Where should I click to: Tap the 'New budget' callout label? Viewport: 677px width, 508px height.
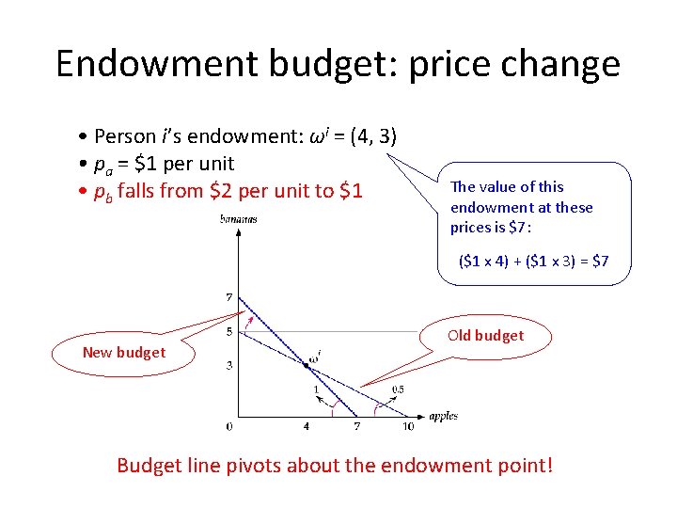[x=123, y=352]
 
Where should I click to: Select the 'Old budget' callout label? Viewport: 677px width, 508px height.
[x=486, y=335]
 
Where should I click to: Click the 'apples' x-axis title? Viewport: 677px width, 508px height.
[x=443, y=416]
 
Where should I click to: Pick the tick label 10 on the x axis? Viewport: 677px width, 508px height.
[x=407, y=426]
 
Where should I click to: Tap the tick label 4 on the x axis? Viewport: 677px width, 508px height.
[x=306, y=426]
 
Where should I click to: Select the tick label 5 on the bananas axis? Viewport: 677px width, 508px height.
[x=228, y=331]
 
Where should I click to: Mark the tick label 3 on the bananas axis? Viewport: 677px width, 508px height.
[x=228, y=365]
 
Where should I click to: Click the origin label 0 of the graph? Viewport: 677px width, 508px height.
[x=228, y=426]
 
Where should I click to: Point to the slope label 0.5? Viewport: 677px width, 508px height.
[x=397, y=389]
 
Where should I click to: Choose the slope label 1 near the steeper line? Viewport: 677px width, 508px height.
[x=316, y=389]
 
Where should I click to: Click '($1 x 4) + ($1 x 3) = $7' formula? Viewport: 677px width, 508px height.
[x=533, y=261]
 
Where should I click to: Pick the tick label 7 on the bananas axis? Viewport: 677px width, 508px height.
[x=228, y=297]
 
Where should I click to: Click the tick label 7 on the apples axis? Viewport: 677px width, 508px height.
[x=356, y=426]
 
